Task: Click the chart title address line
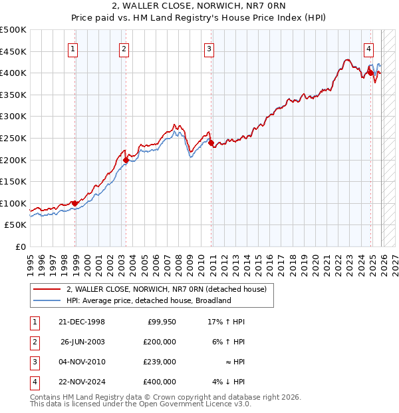(199, 7)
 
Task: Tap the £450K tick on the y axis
(13, 51)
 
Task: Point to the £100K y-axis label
(13, 203)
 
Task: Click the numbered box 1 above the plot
(72, 48)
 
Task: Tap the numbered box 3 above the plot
(209, 48)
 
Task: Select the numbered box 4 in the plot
(368, 48)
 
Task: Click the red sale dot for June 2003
(126, 160)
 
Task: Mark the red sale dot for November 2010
(211, 143)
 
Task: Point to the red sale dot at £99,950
(74, 203)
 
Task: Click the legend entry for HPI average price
(148, 300)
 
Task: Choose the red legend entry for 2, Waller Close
(166, 289)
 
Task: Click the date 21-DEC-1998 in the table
(82, 322)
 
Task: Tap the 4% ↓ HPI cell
(229, 382)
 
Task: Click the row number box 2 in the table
(34, 342)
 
